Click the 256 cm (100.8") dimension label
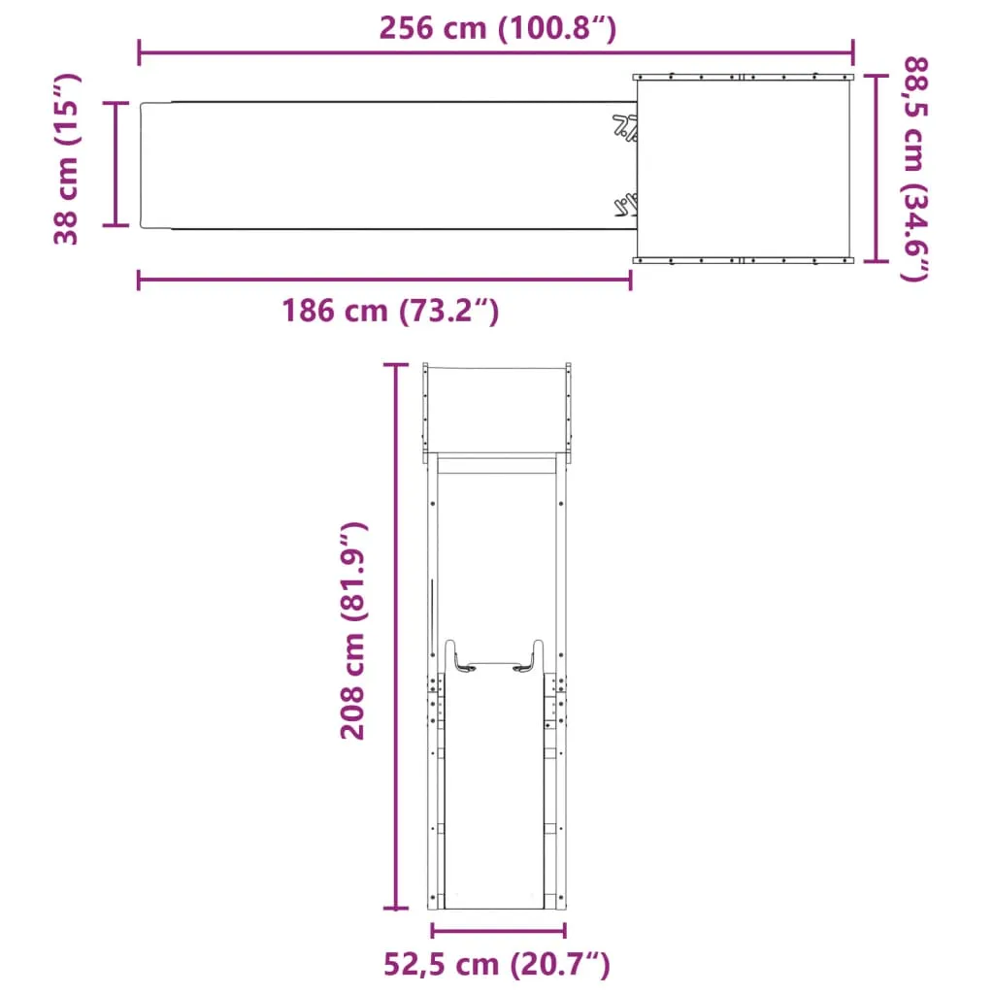(497, 28)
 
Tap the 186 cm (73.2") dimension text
(390, 311)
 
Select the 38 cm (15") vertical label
(66, 158)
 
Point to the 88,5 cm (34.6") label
(914, 169)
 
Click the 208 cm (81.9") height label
(353, 631)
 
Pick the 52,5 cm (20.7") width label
(496, 964)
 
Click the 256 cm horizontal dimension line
(496, 52)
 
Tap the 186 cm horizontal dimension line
(384, 280)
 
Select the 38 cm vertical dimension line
(116, 163)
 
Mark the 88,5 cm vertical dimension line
(876, 168)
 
